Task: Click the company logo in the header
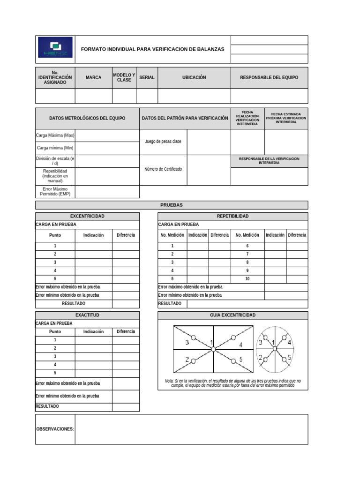pos(55,47)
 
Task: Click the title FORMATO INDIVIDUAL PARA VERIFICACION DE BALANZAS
pos(153,49)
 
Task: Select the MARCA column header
pos(93,78)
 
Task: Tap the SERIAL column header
pos(147,78)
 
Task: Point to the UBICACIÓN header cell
pos(194,78)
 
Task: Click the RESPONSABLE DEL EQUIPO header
pos(269,78)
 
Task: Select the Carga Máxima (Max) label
pos(55,135)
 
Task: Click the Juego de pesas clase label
pos(163,142)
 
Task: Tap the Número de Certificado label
pos(163,169)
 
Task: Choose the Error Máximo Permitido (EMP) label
pos(55,191)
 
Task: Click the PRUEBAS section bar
pos(172,205)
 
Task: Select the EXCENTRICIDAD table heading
pos(87,216)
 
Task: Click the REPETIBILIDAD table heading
pos(233,216)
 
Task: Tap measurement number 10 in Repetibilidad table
pos(247,279)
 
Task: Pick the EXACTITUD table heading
pos(87,315)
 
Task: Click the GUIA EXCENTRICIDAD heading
pos(233,315)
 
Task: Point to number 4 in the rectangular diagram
pos(241,345)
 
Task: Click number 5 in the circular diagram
pos(290,358)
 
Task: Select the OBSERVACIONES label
pos(55,429)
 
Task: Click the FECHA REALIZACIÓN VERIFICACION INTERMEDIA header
pos(247,118)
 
